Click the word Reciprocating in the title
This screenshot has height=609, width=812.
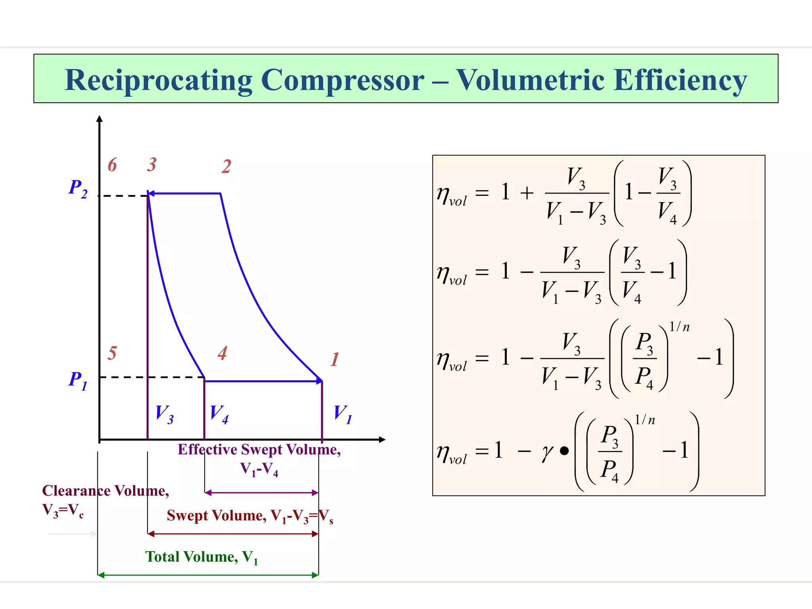(158, 80)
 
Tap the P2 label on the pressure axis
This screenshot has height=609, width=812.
(78, 188)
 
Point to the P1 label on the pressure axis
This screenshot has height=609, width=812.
(78, 380)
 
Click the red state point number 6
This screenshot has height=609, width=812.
(112, 165)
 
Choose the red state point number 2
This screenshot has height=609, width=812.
(226, 167)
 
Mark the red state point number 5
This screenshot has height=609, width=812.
(112, 353)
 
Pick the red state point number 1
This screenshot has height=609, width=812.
(335, 360)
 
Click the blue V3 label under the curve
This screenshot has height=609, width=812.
(164, 414)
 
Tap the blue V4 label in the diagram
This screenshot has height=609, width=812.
(219, 414)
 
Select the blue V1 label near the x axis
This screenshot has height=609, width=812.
(343, 414)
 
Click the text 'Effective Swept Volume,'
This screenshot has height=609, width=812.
(259, 450)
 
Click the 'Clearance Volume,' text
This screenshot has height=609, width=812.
(105, 491)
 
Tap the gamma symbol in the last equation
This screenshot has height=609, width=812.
(548, 452)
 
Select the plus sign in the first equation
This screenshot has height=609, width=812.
(527, 193)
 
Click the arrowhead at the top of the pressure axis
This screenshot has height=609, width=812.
(100, 119)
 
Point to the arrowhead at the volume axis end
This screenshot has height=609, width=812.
(382, 439)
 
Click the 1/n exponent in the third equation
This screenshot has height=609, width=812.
(680, 327)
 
